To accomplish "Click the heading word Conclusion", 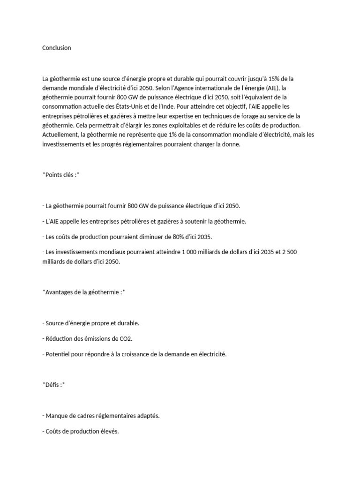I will (x=56, y=48).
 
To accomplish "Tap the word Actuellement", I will (x=60, y=135).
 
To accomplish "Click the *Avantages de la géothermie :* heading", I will (x=83, y=292).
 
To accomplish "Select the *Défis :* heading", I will (x=53, y=384).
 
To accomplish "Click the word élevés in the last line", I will (x=108, y=431).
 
